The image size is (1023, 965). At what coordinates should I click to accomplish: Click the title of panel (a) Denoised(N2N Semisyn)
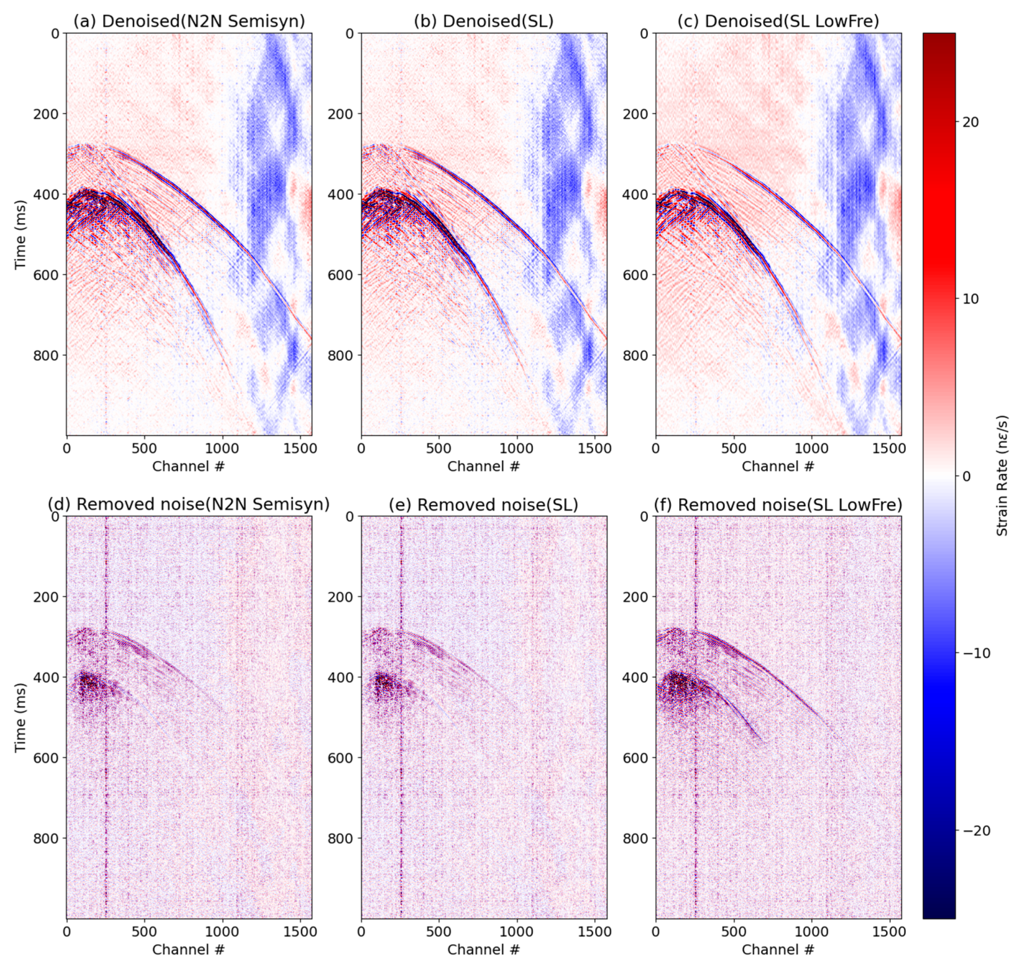[x=189, y=21]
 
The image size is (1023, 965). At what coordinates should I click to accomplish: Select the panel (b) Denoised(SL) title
[x=483, y=21]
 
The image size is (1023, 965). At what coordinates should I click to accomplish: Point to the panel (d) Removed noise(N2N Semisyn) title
[x=189, y=505]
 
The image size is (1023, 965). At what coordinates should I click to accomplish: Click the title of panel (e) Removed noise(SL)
[x=483, y=505]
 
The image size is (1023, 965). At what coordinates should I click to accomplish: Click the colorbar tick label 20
[x=970, y=122]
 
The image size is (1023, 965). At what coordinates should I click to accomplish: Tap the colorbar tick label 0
[x=966, y=476]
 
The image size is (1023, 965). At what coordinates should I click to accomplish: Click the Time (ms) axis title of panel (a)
[x=20, y=234]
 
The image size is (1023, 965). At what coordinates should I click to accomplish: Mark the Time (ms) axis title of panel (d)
[x=20, y=717]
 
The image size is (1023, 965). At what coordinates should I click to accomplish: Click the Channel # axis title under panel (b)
[x=483, y=467]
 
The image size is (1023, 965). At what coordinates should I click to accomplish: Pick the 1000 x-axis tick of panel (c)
[x=811, y=449]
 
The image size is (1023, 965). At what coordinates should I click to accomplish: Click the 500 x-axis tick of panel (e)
[x=439, y=932]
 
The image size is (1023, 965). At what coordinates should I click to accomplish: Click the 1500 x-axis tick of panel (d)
[x=300, y=932]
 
